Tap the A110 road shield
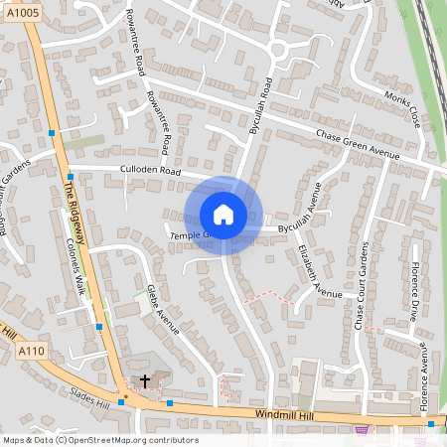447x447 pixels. click(x=30, y=351)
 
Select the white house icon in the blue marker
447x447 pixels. click(x=223, y=214)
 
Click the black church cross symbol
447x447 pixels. click(x=145, y=380)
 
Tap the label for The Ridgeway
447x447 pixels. click(x=75, y=209)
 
